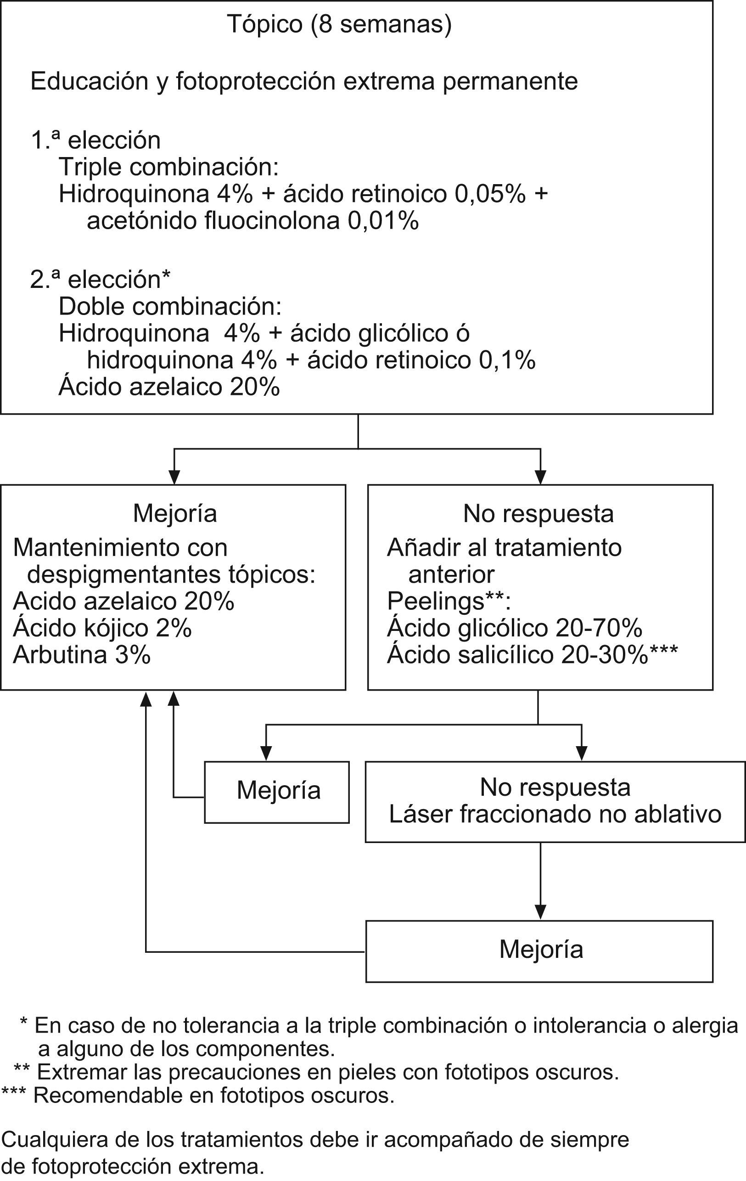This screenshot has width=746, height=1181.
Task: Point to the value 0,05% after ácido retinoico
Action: click(490, 194)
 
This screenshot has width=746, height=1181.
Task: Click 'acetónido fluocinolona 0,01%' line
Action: click(252, 221)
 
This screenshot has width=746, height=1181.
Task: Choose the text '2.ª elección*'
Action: click(100, 280)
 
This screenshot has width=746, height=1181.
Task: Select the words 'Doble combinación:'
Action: click(170, 307)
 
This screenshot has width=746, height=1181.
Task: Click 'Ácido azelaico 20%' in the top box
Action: click(169, 387)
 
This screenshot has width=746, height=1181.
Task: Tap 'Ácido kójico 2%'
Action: click(102, 628)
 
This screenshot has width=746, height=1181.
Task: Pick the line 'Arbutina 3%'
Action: click(82, 655)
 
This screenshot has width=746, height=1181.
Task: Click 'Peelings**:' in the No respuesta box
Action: click(449, 601)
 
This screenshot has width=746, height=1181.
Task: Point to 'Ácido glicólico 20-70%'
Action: click(515, 628)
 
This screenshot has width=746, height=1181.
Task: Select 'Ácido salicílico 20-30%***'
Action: click(532, 655)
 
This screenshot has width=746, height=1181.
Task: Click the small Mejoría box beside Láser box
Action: click(277, 791)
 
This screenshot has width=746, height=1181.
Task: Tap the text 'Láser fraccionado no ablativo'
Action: click(555, 814)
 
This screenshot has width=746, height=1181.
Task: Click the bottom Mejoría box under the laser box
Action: click(540, 950)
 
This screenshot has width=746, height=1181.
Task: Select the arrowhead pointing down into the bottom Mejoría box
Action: click(540, 912)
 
